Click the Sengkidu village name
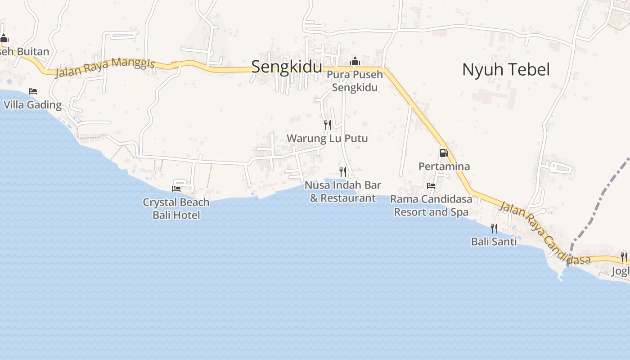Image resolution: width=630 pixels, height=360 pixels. (x=287, y=67)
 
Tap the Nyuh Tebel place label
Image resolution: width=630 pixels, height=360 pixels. (x=506, y=70)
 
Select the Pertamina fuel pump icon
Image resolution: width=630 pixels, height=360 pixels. (x=444, y=153)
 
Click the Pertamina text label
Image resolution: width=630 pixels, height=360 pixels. (x=444, y=166)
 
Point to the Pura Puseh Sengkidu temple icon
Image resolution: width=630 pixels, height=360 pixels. (x=355, y=61)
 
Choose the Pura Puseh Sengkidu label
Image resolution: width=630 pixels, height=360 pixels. (x=355, y=81)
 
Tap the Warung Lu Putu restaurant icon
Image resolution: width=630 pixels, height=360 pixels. (x=328, y=125)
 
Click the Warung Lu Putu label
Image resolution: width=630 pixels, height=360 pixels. (x=327, y=139)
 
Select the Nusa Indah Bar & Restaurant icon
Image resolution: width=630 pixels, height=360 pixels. (x=343, y=171)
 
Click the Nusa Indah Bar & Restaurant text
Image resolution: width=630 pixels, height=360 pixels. (x=343, y=192)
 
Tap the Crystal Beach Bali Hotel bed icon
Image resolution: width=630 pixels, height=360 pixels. (x=176, y=189)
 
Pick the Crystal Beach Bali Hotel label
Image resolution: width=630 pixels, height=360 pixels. (x=176, y=209)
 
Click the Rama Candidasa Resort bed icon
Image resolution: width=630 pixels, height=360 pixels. (x=431, y=185)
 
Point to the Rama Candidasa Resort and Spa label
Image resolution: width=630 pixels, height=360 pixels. (x=431, y=206)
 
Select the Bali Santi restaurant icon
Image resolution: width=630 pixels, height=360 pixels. (x=494, y=229)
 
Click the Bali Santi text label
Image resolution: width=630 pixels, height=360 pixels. (x=494, y=242)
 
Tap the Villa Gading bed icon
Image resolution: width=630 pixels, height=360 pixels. (x=33, y=91)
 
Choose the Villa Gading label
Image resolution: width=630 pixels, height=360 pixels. (x=32, y=105)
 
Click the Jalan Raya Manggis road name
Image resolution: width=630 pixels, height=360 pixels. (x=105, y=67)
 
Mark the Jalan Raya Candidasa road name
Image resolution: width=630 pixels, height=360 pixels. (x=544, y=233)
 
